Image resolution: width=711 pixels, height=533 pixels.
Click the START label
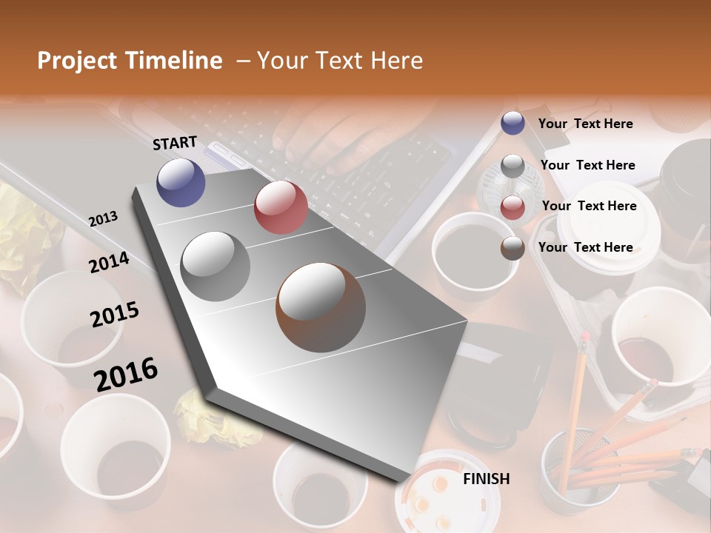point(175,143)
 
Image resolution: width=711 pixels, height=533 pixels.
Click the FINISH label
point(487,479)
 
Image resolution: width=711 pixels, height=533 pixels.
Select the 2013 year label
point(103,219)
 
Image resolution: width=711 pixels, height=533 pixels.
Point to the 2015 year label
point(115,314)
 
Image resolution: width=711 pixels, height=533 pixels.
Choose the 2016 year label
point(126,373)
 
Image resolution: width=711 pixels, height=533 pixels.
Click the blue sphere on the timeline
point(181,182)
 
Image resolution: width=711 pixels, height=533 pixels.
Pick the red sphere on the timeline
point(281,207)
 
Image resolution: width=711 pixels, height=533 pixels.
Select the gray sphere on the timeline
point(216,266)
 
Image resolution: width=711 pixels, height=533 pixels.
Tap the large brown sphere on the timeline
point(321,307)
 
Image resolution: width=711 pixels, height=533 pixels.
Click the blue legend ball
point(513,123)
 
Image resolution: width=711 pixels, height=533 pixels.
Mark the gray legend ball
point(513,166)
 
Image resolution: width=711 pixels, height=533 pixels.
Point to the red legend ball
point(513,207)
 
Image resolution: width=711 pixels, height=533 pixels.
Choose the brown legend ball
point(513,248)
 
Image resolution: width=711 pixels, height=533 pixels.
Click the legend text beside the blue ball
point(585,124)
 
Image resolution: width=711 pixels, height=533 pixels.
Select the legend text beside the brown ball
point(585,247)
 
